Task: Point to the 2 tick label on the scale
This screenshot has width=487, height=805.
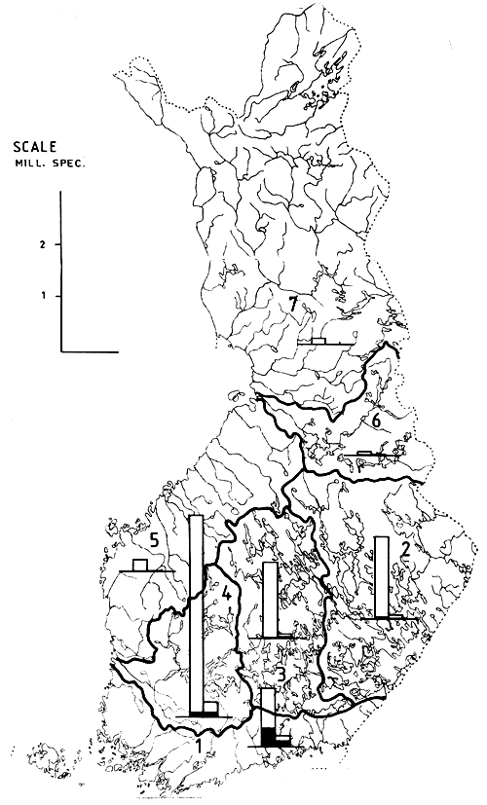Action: point(44,244)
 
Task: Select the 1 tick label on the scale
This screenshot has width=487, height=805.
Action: point(44,295)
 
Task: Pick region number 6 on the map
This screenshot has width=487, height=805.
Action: point(374,421)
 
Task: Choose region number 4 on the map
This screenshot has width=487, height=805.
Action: point(225,591)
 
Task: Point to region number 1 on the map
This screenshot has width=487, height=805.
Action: point(200,747)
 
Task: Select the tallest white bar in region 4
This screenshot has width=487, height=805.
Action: point(195,614)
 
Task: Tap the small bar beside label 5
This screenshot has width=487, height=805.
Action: point(139,566)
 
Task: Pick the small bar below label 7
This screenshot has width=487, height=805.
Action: point(318,340)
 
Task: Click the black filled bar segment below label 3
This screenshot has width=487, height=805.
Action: point(266,737)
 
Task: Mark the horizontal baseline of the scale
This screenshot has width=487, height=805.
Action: point(89,348)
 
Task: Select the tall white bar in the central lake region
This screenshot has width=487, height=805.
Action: point(268,599)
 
